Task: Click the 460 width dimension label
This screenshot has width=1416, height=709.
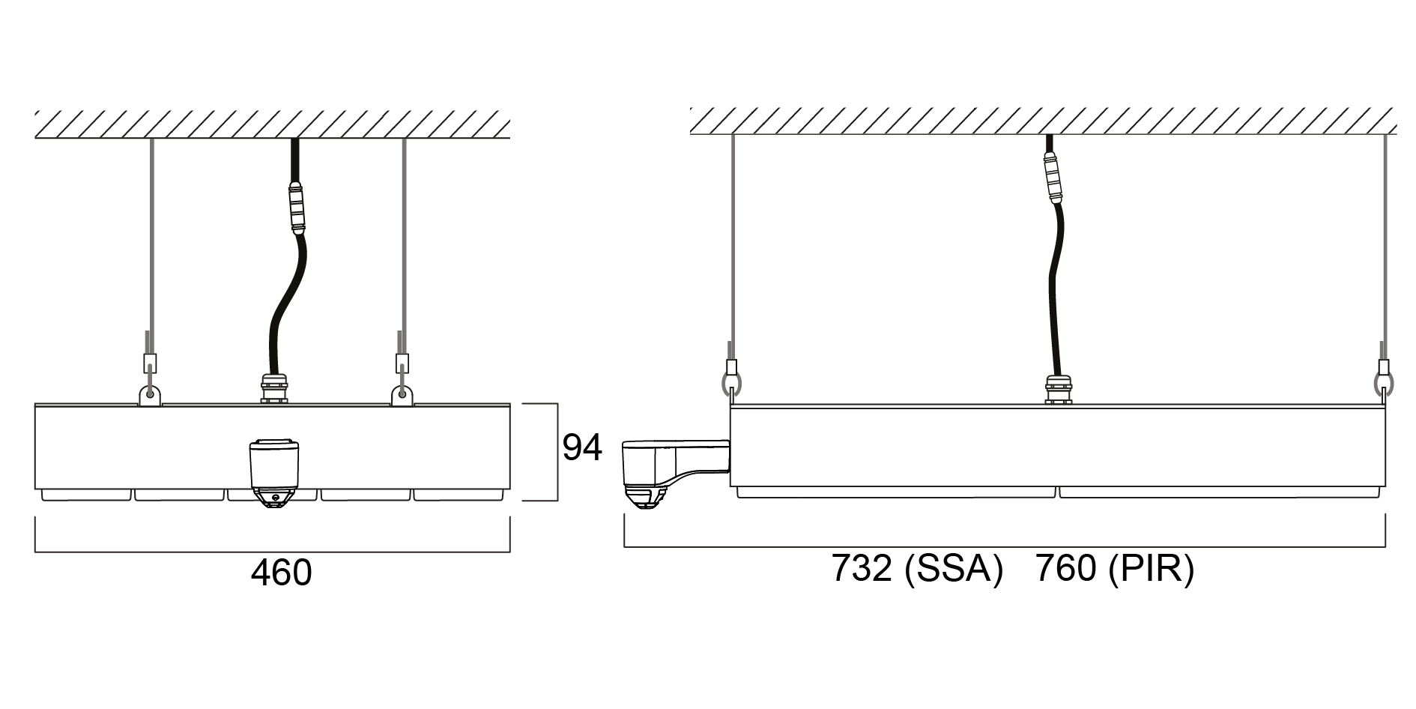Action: click(x=281, y=573)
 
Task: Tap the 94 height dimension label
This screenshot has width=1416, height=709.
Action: click(x=582, y=447)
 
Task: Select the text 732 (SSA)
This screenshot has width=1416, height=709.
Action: click(x=916, y=569)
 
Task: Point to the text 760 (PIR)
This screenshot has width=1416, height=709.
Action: click(x=1114, y=569)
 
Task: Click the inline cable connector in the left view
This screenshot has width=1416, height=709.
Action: click(x=297, y=208)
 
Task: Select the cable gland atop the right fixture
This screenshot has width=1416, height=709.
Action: click(x=1057, y=389)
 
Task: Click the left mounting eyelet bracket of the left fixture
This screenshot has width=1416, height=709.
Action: click(x=151, y=394)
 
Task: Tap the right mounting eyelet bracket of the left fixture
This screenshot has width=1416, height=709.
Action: click(x=403, y=394)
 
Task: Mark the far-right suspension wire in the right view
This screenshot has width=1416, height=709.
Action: click(x=1385, y=240)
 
